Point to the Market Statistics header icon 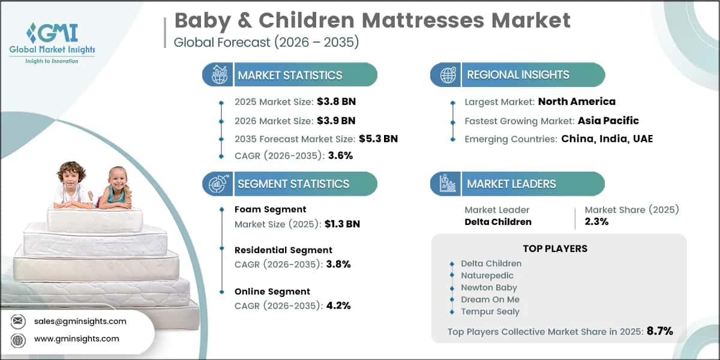(x=217, y=75)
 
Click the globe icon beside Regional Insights (x=447, y=75)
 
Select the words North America (x=577, y=101)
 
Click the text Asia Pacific (x=608, y=120)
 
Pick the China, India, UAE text (x=607, y=139)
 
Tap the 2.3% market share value (x=597, y=221)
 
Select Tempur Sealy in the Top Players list (x=490, y=311)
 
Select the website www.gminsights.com (x=76, y=338)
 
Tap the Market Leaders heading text (x=511, y=184)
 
